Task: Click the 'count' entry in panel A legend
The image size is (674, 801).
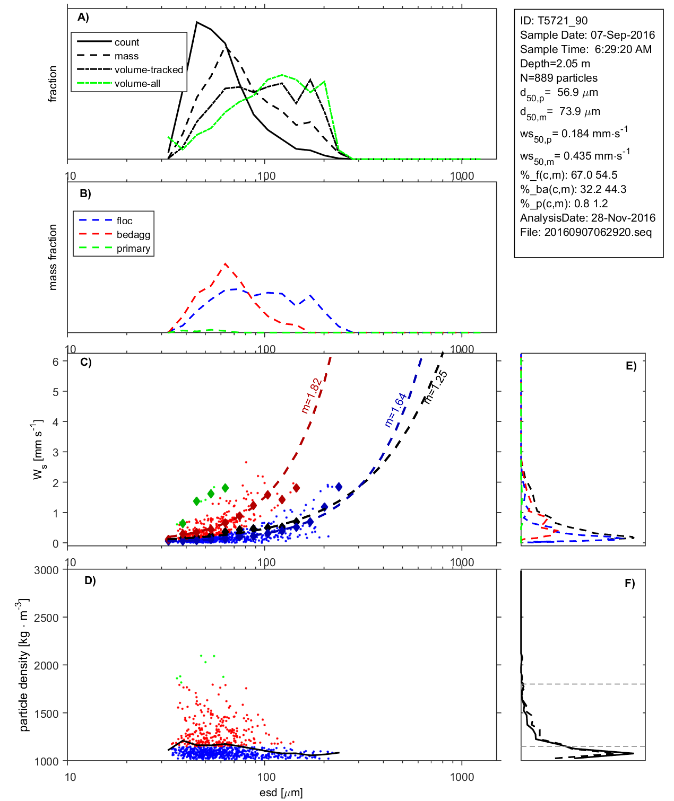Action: pyautogui.click(x=126, y=42)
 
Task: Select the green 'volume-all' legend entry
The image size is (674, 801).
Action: pyautogui.click(x=137, y=84)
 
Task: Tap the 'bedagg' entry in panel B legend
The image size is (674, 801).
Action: pyautogui.click(x=133, y=235)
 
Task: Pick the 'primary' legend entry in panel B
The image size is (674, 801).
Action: pyautogui.click(x=133, y=249)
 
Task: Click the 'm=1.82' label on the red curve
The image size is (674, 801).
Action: pyautogui.click(x=312, y=395)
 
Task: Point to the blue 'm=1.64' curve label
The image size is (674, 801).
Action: pyautogui.click(x=395, y=410)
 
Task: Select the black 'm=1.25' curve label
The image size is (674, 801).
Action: pyautogui.click(x=436, y=388)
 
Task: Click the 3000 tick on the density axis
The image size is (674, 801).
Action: pyautogui.click(x=46, y=570)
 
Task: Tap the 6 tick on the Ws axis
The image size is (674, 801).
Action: pyautogui.click(x=55, y=362)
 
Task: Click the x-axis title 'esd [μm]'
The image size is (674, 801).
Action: pyautogui.click(x=281, y=793)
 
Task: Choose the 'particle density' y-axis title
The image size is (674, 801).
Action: pyautogui.click(x=24, y=665)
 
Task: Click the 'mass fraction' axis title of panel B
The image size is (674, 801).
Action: pyautogui.click(x=53, y=257)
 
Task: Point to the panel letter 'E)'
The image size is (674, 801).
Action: pyautogui.click(x=630, y=366)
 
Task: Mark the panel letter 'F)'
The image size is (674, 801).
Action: pyautogui.click(x=629, y=583)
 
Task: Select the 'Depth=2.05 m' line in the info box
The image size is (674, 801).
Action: pyautogui.click(x=555, y=64)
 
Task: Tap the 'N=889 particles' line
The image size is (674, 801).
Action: pyautogui.click(x=558, y=78)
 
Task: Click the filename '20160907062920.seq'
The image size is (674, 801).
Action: pyautogui.click(x=598, y=232)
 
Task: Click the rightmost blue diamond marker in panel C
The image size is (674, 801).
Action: pyautogui.click(x=339, y=487)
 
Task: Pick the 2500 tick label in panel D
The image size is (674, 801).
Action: pyautogui.click(x=46, y=618)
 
